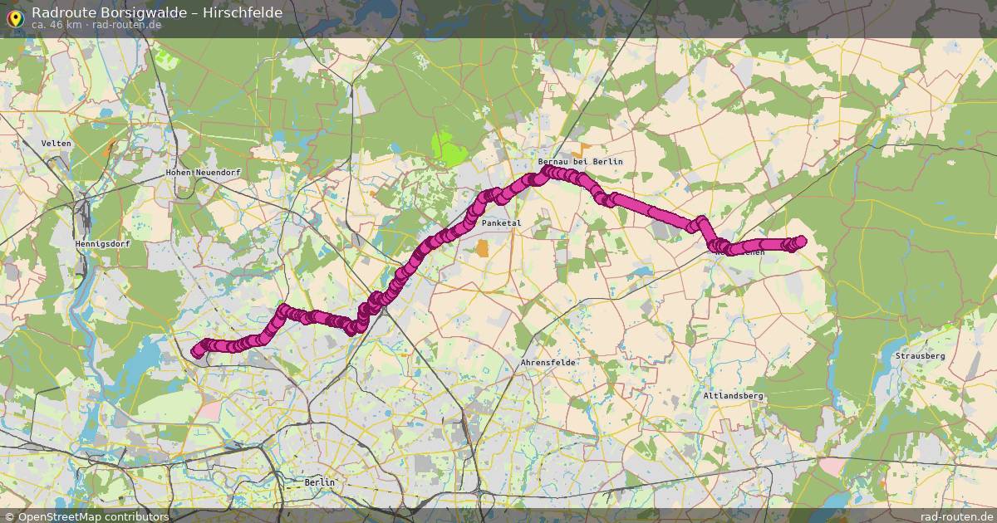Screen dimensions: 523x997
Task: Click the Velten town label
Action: (x=56, y=144)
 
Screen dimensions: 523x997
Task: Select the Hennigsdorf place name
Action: (x=103, y=245)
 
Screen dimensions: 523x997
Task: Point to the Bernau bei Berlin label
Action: (x=580, y=161)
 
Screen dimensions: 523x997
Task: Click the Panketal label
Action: (x=501, y=223)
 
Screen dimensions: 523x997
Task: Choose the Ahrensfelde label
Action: (x=548, y=363)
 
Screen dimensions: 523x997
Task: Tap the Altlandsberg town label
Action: (x=732, y=396)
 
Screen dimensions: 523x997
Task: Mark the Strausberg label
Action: (x=920, y=356)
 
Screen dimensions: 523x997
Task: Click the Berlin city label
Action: (x=320, y=481)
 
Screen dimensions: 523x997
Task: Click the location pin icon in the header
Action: (x=16, y=16)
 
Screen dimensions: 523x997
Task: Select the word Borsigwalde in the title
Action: (x=134, y=12)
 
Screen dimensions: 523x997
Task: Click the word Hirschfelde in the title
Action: (x=246, y=12)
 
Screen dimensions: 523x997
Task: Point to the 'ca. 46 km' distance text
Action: (x=56, y=25)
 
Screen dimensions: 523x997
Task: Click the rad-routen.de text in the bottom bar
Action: (x=957, y=516)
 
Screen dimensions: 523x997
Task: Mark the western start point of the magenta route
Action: (x=198, y=352)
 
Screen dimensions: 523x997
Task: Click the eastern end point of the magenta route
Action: (x=801, y=242)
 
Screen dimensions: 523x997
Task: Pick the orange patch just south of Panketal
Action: (x=483, y=248)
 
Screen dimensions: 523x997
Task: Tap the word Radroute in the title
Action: (x=60, y=12)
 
